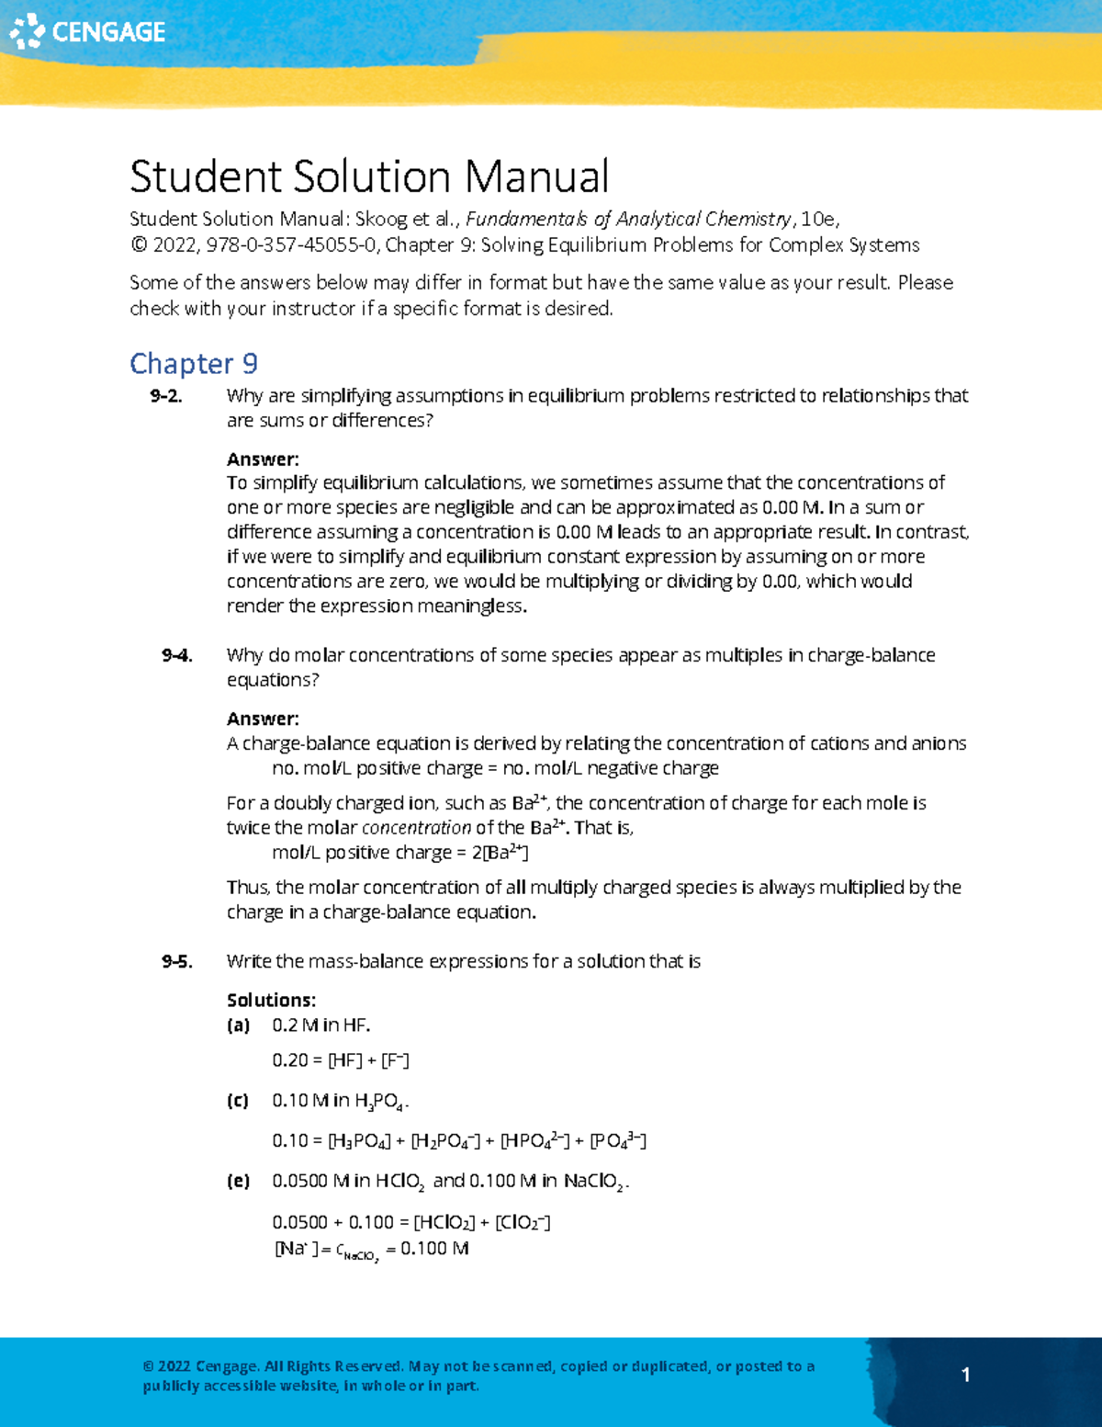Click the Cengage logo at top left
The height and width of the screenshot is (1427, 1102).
pos(87,32)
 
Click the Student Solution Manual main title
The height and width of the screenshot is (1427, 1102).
pos(369,176)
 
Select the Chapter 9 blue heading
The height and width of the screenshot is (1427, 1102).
pos(194,364)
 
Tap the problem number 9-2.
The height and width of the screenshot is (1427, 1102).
pos(166,396)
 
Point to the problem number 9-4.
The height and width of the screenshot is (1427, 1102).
pos(176,655)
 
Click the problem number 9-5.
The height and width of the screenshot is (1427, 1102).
pos(176,961)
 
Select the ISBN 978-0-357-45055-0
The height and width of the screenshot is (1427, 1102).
pos(291,245)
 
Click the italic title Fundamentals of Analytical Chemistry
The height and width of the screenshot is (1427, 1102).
pos(628,220)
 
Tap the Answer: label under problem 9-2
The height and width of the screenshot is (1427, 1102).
pos(263,459)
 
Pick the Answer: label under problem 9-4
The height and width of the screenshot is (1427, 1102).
pos(263,719)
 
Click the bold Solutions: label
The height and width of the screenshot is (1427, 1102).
pos(271,1001)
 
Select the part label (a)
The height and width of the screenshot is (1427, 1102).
pos(238,1025)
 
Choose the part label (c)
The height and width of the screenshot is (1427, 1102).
pos(238,1101)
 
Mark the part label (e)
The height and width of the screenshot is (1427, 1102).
pos(238,1181)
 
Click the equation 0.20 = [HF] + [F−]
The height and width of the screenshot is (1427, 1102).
pos(341,1060)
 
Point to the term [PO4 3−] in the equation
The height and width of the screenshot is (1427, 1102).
pos(618,1141)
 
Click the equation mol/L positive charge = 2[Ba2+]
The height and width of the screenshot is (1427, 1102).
pos(399,853)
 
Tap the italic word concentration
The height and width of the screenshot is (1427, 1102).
pos(416,828)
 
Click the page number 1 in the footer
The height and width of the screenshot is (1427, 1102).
pos(965,1375)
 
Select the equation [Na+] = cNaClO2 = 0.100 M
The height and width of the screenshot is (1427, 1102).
pos(372,1250)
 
